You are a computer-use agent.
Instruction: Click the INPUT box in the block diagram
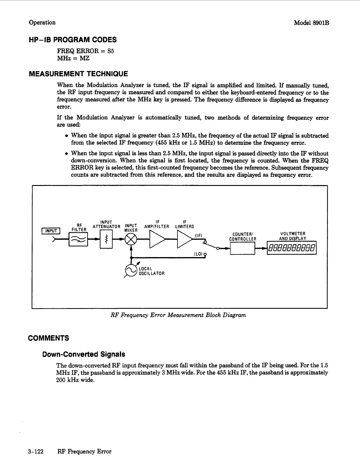click(x=51, y=231)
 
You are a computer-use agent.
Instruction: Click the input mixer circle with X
click(x=131, y=239)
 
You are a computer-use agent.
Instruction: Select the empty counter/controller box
click(x=242, y=248)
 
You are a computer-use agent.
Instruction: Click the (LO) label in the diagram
click(x=198, y=254)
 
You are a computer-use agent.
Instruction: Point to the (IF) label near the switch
click(x=199, y=235)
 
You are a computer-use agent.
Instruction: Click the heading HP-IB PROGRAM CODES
click(x=72, y=40)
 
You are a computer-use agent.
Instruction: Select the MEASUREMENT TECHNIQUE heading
click(x=78, y=74)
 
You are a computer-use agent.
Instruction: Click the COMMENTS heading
click(x=48, y=338)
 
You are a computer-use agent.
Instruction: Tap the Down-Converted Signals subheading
click(x=84, y=354)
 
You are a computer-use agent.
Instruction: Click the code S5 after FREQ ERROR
click(x=110, y=51)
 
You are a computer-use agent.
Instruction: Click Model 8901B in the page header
click(x=311, y=23)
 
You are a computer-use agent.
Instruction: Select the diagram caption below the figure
click(x=178, y=315)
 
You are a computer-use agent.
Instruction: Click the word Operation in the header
click(x=42, y=23)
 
